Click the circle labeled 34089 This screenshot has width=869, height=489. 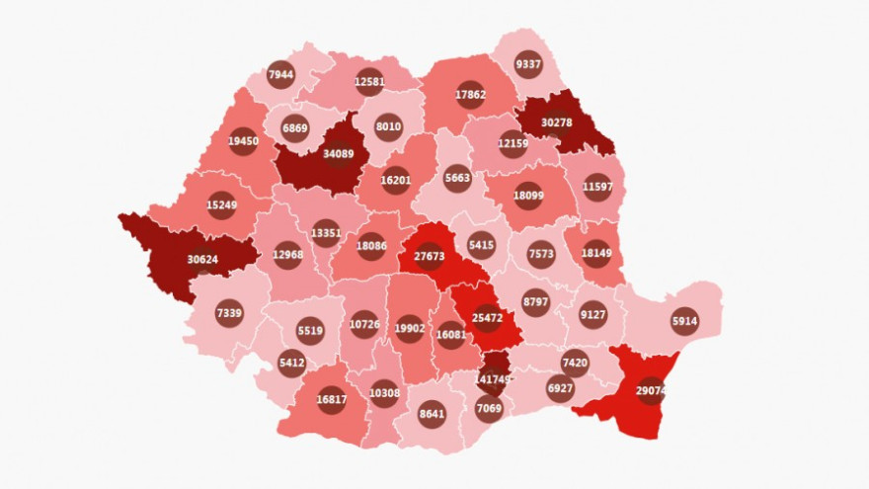point(339,154)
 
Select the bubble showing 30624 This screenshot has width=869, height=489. point(202,260)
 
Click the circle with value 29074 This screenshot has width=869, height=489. point(651,391)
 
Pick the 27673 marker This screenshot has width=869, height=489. point(430,257)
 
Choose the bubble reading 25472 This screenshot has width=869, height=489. point(487,319)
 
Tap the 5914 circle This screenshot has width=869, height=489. point(684,321)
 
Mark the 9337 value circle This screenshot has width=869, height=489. point(528,65)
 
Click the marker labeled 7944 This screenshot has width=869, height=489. point(280,74)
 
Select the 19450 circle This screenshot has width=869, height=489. point(243,141)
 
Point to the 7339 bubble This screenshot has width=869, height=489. point(229,313)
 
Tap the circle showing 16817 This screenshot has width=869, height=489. point(331,399)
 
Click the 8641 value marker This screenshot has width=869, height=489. point(432,414)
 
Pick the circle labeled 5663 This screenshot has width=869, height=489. point(457,179)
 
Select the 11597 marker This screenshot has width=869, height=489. point(597,187)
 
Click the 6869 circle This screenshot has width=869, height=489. point(295,128)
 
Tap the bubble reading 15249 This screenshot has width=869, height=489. point(221,204)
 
